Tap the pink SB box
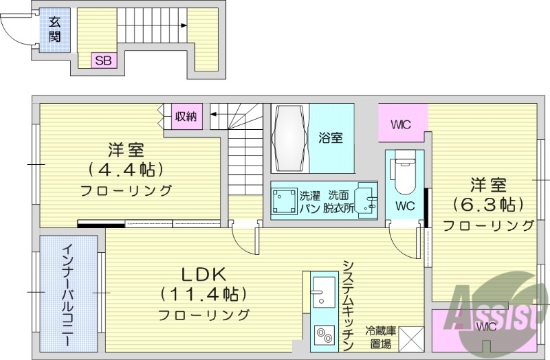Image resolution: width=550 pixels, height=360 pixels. [x=103, y=60]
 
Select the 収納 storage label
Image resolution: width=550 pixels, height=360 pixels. [x=186, y=117]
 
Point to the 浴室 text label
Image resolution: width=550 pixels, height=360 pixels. [x=331, y=138]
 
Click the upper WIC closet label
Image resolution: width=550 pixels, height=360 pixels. [x=401, y=125]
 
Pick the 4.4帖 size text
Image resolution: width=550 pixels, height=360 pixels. [x=125, y=168]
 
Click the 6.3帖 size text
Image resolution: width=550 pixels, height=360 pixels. [x=488, y=204]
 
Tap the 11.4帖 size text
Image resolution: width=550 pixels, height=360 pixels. [x=203, y=294]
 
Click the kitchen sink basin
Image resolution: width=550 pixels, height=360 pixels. [x=320, y=291]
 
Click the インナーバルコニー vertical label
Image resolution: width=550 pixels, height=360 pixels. [x=68, y=294]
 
